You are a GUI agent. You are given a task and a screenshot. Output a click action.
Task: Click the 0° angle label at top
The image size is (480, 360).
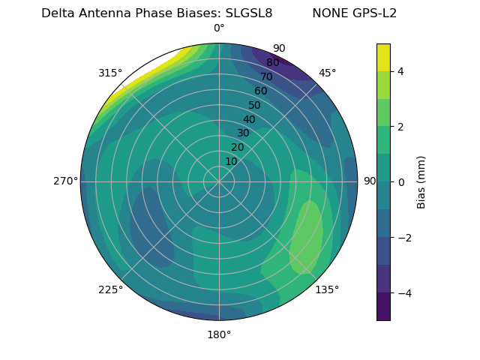click(219, 28)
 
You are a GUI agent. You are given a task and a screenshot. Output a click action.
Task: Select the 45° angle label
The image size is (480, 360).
click(327, 73)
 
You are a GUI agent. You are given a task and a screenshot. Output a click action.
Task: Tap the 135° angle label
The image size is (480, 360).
click(327, 289)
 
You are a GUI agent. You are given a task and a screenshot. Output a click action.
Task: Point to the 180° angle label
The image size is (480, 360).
click(219, 334)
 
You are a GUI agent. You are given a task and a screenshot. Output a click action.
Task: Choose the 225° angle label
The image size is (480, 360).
click(110, 289)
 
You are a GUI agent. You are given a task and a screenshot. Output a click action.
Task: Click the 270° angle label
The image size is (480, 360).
click(65, 181)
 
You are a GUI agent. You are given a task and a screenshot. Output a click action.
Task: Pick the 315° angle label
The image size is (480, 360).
click(110, 73)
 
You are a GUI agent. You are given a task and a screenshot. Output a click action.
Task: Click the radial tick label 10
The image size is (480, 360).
click(231, 161)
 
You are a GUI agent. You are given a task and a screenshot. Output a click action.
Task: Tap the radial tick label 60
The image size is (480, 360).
click(261, 91)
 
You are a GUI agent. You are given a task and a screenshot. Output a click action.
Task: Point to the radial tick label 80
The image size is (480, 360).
click(272, 62)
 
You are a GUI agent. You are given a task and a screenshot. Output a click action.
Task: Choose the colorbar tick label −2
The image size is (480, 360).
click(402, 238)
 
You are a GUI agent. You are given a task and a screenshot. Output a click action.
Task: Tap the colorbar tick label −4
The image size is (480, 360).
click(402, 293)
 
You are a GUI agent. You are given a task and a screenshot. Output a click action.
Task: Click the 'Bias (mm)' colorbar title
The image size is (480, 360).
click(421, 182)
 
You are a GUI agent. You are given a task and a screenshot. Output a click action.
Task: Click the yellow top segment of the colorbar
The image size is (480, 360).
click(383, 57)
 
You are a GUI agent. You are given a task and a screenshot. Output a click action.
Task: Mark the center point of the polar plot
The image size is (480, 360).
click(219, 181)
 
